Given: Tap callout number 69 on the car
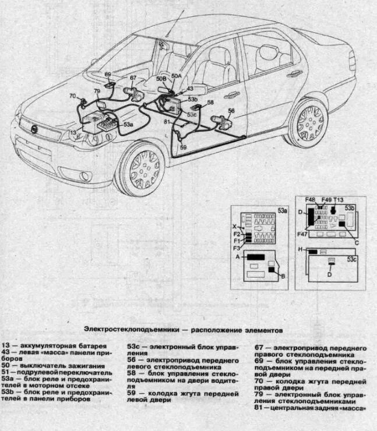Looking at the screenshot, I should [108, 75].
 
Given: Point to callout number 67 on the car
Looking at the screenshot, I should [133, 77].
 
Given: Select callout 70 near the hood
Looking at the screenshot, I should [72, 96].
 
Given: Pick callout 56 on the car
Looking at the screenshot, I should [231, 110].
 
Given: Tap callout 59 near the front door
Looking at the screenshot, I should [182, 147].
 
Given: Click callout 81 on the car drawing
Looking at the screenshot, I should [167, 121].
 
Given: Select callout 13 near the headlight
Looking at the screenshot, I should [73, 133].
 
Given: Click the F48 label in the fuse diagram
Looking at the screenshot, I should [310, 200].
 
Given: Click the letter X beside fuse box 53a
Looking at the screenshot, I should [235, 226].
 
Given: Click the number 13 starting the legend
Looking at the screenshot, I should [6, 347].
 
